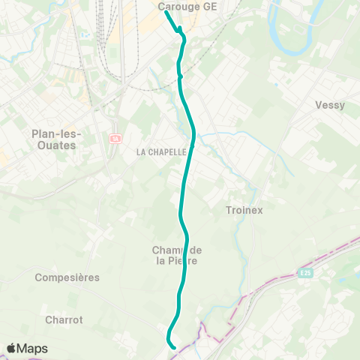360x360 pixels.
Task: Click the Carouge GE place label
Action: click(x=187, y=6)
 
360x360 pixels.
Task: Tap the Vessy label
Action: click(x=330, y=105)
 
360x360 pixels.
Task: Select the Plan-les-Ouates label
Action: click(x=54, y=139)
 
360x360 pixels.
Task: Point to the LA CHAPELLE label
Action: click(x=161, y=151)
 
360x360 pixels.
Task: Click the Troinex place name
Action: click(x=244, y=211)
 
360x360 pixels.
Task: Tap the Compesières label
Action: click(x=67, y=277)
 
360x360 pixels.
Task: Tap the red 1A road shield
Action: click(x=115, y=138)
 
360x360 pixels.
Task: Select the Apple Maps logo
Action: click(x=27, y=349)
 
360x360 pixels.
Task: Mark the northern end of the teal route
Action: click(x=166, y=11)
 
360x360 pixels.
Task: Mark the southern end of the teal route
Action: click(x=174, y=347)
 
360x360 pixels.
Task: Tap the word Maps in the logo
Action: click(x=33, y=349)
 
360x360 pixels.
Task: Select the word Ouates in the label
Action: click(x=54, y=145)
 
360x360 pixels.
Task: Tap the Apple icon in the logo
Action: click(x=11, y=348)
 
